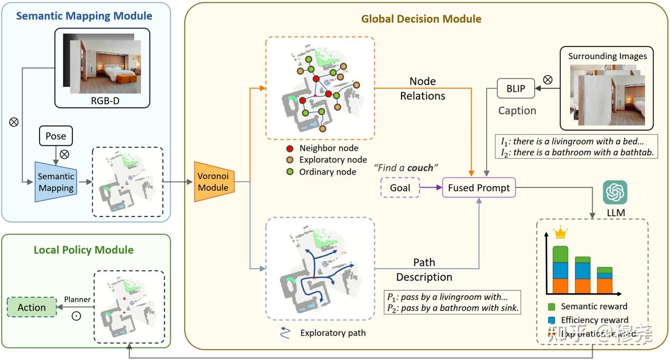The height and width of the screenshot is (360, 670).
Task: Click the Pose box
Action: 55,136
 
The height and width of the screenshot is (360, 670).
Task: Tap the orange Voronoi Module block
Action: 213,181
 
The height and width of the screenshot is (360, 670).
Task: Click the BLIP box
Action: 516,88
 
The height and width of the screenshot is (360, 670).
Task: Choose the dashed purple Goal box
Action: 400,188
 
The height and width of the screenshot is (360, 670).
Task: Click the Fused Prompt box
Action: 479,188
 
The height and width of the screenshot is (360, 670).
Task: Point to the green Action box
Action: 32,307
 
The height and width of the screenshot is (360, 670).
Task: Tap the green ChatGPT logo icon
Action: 615,192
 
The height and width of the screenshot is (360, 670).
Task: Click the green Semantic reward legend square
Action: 552,307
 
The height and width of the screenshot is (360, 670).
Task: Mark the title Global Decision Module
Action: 421,19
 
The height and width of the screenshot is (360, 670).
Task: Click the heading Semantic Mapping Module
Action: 84,16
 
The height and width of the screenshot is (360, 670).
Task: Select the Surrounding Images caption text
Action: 607,56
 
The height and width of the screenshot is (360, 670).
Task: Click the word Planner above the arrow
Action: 77,300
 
